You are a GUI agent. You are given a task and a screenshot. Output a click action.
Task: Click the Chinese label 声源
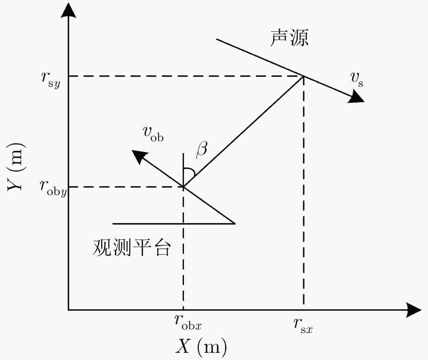click(289, 38)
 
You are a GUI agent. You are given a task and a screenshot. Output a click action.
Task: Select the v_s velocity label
click(357, 80)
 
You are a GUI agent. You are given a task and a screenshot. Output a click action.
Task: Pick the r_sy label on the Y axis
click(51, 80)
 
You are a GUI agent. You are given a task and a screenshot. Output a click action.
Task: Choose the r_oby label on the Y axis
click(53, 189)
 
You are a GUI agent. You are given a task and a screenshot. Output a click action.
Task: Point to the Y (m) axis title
click(16, 167)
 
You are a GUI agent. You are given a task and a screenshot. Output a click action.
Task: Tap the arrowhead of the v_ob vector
click(139, 156)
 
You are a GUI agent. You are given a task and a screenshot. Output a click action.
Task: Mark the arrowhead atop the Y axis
click(69, 10)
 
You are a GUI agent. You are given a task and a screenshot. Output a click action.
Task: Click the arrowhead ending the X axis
click(414, 310)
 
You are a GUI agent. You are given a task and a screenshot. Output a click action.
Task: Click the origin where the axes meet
click(69, 310)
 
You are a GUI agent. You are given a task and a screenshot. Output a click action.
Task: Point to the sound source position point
click(303, 76)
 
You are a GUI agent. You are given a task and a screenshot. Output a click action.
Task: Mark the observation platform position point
click(183, 187)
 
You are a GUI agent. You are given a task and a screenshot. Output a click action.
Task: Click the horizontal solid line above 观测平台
click(174, 224)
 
